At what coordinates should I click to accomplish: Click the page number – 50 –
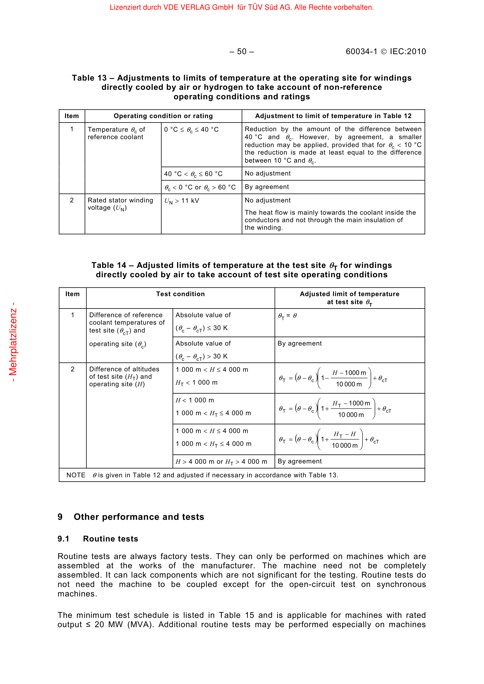242,51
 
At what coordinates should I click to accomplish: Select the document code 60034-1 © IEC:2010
386,51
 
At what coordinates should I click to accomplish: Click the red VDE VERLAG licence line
242,7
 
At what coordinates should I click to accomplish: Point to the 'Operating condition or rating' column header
163,116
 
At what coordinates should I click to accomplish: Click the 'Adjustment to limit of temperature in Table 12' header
333,116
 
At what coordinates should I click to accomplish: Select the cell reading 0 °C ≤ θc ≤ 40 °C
191,130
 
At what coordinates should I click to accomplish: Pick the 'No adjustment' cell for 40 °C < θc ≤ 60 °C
268,173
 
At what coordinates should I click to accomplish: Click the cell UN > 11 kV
181,201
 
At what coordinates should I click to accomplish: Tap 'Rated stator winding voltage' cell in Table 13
120,204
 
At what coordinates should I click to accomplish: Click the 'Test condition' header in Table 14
180,294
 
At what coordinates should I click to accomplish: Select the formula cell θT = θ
287,316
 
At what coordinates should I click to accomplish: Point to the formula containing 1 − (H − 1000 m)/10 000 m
333,378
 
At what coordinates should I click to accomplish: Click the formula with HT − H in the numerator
329,440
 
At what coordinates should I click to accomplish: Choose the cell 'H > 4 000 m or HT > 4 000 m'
221,461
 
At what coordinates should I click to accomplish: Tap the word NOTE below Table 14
76,475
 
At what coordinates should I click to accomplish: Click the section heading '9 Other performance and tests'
131,517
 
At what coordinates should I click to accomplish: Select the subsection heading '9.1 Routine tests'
98,539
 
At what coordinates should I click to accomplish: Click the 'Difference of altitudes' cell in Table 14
124,377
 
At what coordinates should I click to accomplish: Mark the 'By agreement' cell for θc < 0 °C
267,187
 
